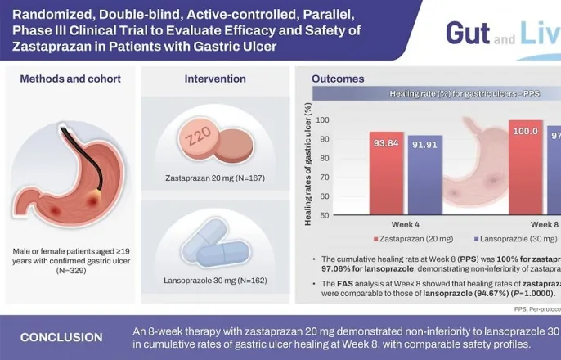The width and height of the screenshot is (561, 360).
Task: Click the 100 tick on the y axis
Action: point(322,120)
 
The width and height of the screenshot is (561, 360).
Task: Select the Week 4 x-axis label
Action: point(406,224)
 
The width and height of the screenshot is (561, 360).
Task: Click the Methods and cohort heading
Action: point(70,79)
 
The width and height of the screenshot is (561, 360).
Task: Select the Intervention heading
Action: point(214,79)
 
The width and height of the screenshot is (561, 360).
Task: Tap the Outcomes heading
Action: point(338,79)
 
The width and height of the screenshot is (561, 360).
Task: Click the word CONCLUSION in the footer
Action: point(61,337)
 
